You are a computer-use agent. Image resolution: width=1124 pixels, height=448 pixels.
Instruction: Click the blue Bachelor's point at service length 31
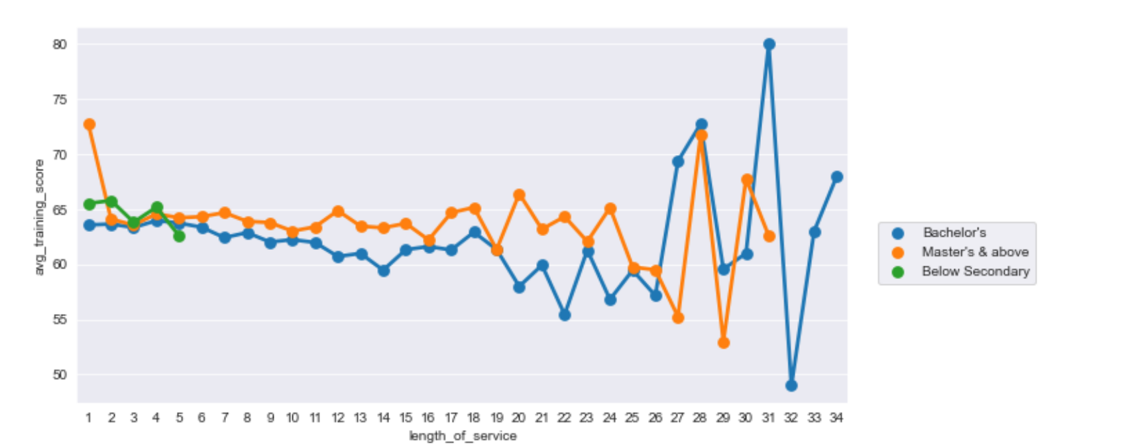click(769, 44)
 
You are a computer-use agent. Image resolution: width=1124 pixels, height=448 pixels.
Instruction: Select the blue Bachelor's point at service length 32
click(791, 385)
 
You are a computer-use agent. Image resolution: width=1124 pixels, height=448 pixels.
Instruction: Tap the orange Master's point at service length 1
click(89, 125)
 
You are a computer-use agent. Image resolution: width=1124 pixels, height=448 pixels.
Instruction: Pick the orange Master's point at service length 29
click(724, 343)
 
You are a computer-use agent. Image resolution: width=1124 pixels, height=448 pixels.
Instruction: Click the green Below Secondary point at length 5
click(179, 236)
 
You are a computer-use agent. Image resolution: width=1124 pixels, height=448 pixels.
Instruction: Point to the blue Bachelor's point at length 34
click(836, 177)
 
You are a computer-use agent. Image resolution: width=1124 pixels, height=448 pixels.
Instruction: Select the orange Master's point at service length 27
click(678, 318)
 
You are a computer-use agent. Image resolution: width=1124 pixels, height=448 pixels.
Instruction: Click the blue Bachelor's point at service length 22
click(565, 315)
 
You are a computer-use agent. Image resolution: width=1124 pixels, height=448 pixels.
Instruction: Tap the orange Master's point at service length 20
click(520, 195)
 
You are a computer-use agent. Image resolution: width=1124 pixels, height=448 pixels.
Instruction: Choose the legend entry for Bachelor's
click(954, 233)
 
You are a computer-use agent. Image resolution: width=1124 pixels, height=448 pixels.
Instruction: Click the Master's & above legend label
click(975, 252)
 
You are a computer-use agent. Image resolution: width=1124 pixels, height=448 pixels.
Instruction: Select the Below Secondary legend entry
click(975, 271)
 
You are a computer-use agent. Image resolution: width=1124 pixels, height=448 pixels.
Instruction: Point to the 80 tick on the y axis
click(60, 44)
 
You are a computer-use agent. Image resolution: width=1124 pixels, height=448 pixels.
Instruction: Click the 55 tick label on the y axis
click(60, 320)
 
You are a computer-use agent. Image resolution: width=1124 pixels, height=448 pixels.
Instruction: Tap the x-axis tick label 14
click(383, 418)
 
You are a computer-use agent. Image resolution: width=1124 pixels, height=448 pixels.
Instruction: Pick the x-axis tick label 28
click(701, 418)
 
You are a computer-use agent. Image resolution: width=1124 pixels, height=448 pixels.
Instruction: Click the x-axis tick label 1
click(89, 418)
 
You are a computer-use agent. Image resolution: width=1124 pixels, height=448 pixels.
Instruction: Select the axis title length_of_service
click(463, 436)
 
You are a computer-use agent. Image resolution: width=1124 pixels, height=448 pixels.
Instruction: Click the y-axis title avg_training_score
click(40, 217)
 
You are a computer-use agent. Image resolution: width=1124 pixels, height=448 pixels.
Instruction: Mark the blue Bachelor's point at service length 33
click(815, 232)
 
